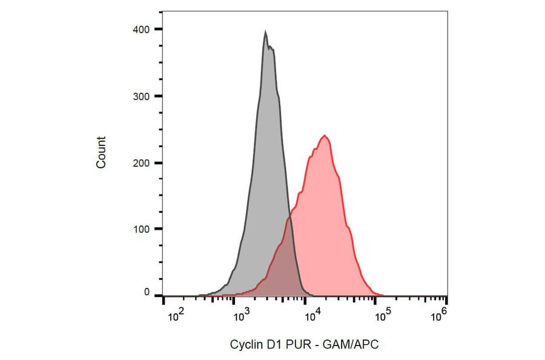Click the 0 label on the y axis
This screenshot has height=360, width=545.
[x=146, y=292]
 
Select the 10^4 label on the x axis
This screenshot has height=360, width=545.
[x=312, y=315]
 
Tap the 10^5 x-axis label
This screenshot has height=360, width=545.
[x=382, y=315]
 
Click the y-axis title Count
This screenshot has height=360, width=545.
[x=101, y=152]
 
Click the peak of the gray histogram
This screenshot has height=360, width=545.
[x=265, y=33]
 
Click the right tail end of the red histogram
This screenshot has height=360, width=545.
[x=377, y=295]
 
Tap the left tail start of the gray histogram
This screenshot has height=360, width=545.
[x=200, y=295]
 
